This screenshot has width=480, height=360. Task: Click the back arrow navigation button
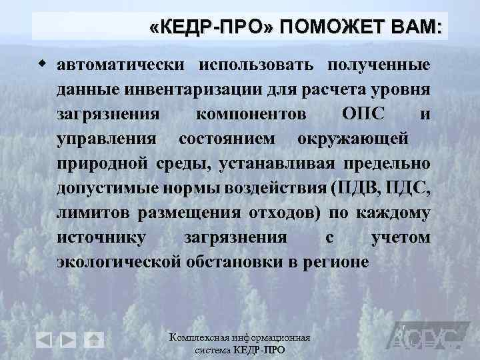click(x=44, y=340)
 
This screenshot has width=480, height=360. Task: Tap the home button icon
click(x=95, y=340)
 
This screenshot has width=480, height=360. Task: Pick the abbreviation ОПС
click(x=363, y=114)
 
